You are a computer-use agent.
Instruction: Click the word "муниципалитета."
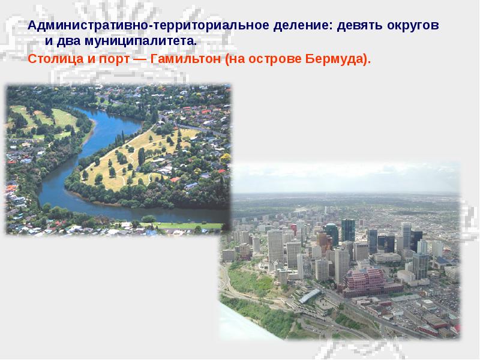click(144, 43)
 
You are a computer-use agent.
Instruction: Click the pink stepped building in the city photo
click(364, 278)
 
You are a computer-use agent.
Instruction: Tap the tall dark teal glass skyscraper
click(348, 231)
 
